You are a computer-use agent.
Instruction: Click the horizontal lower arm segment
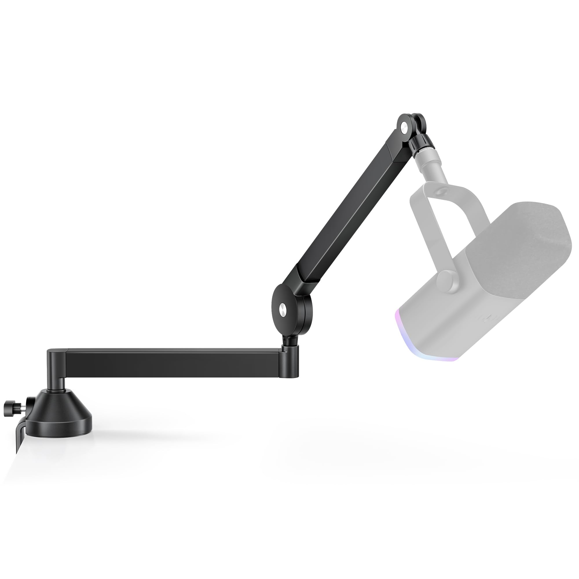pyautogui.click(x=174, y=362)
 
